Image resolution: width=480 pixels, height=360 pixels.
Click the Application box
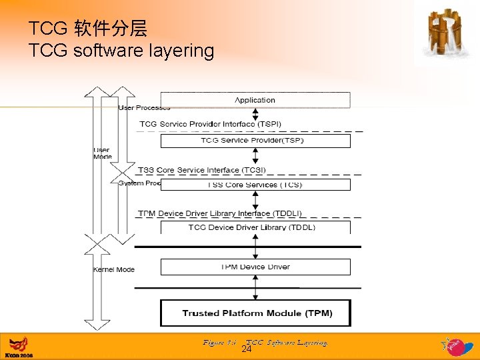(255, 100)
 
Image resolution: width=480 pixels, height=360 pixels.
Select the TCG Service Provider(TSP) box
(255, 141)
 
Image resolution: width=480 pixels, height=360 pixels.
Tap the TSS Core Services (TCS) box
(255, 185)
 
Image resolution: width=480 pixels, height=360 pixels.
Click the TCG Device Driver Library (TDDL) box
(255, 227)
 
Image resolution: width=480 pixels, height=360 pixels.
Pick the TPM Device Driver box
(255, 267)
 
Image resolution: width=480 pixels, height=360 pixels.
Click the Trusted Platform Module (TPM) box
(255, 313)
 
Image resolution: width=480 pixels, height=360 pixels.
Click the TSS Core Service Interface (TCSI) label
(202, 170)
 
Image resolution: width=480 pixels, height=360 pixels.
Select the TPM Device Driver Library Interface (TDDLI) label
(220, 213)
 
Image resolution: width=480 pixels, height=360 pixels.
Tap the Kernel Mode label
(114, 269)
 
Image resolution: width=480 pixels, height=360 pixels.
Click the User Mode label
(102, 153)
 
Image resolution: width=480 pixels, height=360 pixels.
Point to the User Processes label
(144, 107)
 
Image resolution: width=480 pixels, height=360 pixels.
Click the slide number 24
(246, 349)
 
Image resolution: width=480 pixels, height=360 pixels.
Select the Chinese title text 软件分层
(111, 29)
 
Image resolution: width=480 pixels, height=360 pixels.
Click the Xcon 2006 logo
(18, 347)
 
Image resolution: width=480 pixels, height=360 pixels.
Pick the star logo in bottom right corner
(453, 346)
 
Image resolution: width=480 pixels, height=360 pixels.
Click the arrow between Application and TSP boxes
(255, 121)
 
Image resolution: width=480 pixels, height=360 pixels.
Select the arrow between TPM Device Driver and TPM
(255, 287)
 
